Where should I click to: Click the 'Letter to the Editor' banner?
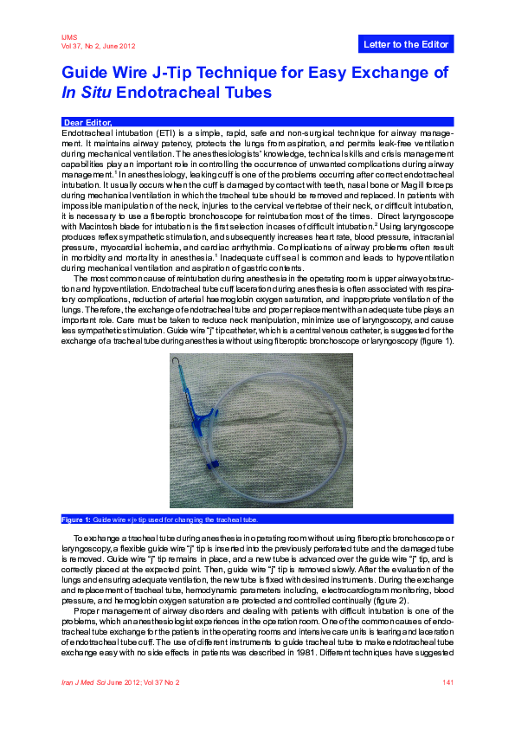click(404, 44)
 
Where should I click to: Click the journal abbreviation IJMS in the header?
click(69, 37)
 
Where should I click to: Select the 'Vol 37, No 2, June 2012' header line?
click(98, 46)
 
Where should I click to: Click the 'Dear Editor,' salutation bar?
click(88, 122)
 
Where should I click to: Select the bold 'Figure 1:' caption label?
click(76, 519)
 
